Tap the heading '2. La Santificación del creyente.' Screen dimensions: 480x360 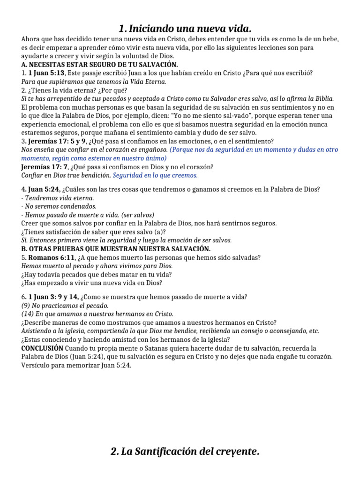coord(185,452)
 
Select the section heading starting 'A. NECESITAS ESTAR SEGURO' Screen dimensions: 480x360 coord(99,65)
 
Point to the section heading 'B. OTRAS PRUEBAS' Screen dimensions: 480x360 coord(116,248)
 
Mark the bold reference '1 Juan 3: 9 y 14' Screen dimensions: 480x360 coord(53,297)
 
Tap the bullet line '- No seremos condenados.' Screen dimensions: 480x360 coord(59,206)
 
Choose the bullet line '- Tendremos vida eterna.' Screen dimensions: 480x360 coord(58,198)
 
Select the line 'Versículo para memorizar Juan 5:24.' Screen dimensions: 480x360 coord(76,366)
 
